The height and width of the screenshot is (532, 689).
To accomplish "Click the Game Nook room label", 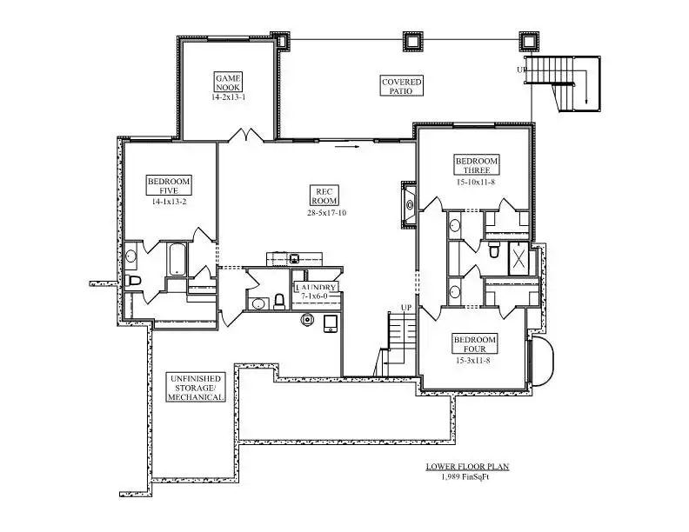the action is click(228, 83).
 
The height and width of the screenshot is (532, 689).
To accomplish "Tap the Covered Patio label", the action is click(402, 86).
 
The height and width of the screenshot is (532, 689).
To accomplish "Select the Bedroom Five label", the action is click(169, 186).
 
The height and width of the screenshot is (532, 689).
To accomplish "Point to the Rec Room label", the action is click(324, 196).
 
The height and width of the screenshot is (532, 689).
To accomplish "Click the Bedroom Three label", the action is click(477, 165).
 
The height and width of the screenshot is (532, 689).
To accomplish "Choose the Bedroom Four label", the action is click(475, 344).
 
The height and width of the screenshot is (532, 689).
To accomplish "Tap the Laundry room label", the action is click(317, 288).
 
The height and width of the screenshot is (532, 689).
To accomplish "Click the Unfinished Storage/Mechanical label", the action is click(196, 388).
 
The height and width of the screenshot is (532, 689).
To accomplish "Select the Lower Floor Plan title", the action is click(467, 467).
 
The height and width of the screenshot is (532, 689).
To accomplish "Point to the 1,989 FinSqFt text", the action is click(465, 477).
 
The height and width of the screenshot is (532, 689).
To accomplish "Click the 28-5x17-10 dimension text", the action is click(327, 213).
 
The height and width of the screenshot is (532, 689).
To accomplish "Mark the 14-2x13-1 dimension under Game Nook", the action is click(229, 97).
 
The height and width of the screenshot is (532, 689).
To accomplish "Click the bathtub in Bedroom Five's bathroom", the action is click(177, 259).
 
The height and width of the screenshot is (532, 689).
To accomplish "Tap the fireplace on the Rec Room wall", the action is click(410, 204).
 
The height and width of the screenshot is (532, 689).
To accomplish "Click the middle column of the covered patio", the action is click(412, 41).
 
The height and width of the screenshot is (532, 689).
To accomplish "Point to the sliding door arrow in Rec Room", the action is click(347, 146).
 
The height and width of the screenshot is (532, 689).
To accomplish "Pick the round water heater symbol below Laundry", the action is click(307, 319).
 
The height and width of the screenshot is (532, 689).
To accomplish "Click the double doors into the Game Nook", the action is click(245, 136).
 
